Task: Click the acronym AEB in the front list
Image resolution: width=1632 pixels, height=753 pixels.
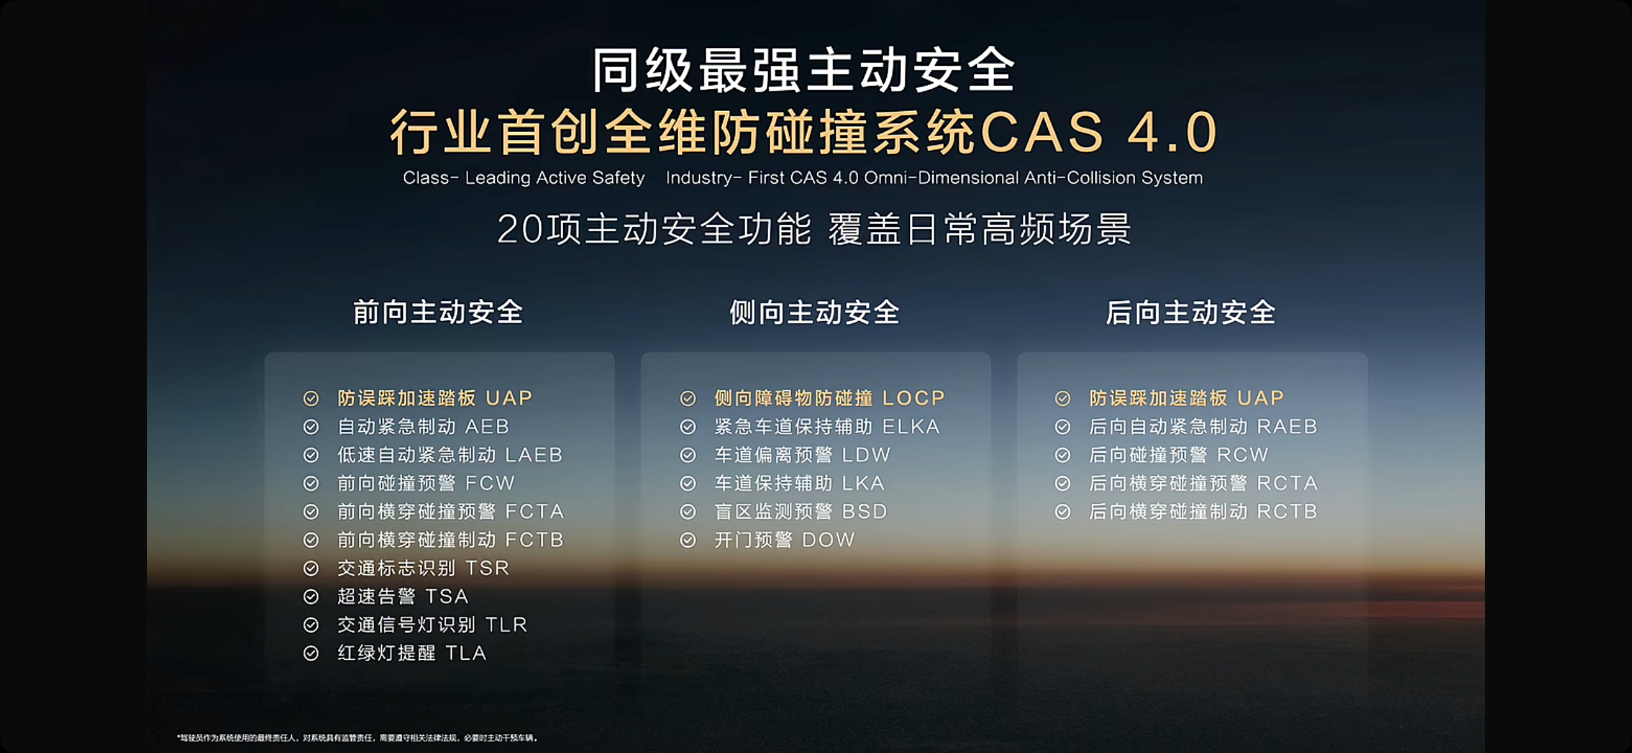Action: coord(487,426)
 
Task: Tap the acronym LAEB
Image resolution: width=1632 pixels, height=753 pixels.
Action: coord(534,455)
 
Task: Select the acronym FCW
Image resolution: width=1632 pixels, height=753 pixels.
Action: coord(490,483)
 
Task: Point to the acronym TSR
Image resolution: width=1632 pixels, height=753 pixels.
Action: coord(487,568)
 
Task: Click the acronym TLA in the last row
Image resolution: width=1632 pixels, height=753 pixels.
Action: coord(466,653)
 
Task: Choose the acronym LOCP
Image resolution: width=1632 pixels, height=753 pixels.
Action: coord(913,398)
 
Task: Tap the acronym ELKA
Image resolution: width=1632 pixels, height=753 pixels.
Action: coord(910,426)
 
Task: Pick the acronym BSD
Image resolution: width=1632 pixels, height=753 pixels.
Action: coord(865,512)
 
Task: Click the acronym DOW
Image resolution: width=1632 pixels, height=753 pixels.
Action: coord(828,540)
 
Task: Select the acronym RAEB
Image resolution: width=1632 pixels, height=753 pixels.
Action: coord(1287,426)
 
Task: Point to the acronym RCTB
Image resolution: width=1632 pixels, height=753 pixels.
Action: coord(1287,512)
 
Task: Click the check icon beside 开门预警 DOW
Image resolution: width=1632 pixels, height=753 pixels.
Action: coord(688,540)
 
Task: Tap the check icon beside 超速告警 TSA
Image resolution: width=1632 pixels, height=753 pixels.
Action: coord(311,597)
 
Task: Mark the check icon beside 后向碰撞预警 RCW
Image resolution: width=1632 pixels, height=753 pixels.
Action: coord(1062,455)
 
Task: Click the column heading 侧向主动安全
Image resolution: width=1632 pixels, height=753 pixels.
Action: coord(815,313)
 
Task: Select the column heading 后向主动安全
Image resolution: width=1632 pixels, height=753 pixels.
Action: coord(1191,313)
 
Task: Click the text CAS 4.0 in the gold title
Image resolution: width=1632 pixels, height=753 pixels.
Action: coord(1098,132)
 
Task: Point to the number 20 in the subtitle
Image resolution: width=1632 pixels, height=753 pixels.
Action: coord(520,229)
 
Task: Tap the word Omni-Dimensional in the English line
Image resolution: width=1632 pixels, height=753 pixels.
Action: coord(942,178)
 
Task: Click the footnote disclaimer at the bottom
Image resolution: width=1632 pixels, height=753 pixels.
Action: coord(358,738)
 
